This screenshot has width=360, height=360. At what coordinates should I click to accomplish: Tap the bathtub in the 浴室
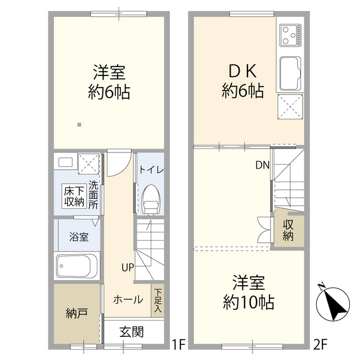[78, 267]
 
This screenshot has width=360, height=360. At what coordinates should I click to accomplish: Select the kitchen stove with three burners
[290, 35]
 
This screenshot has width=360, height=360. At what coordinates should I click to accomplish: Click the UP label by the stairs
[127, 268]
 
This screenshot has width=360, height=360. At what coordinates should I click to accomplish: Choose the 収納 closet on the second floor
[289, 229]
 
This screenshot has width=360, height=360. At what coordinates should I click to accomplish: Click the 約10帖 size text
[248, 303]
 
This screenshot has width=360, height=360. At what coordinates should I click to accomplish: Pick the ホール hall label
[128, 300]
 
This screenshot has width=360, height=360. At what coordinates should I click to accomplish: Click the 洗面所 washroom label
[93, 194]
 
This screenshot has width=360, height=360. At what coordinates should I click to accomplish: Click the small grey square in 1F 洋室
[79, 124]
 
